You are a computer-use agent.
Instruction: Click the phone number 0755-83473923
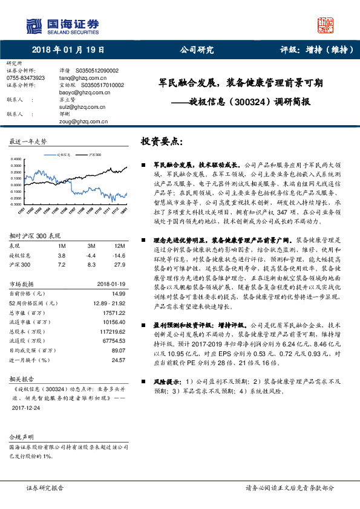(25, 78)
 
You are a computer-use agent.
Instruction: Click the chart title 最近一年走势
(28, 141)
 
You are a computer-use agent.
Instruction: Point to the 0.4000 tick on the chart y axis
(17, 158)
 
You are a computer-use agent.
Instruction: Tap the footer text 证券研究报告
(45, 487)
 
